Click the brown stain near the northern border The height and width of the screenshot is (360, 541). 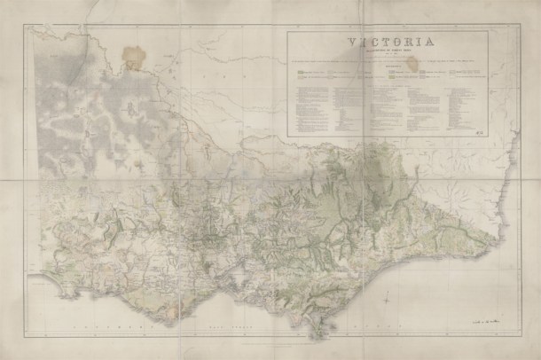[135, 56]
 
